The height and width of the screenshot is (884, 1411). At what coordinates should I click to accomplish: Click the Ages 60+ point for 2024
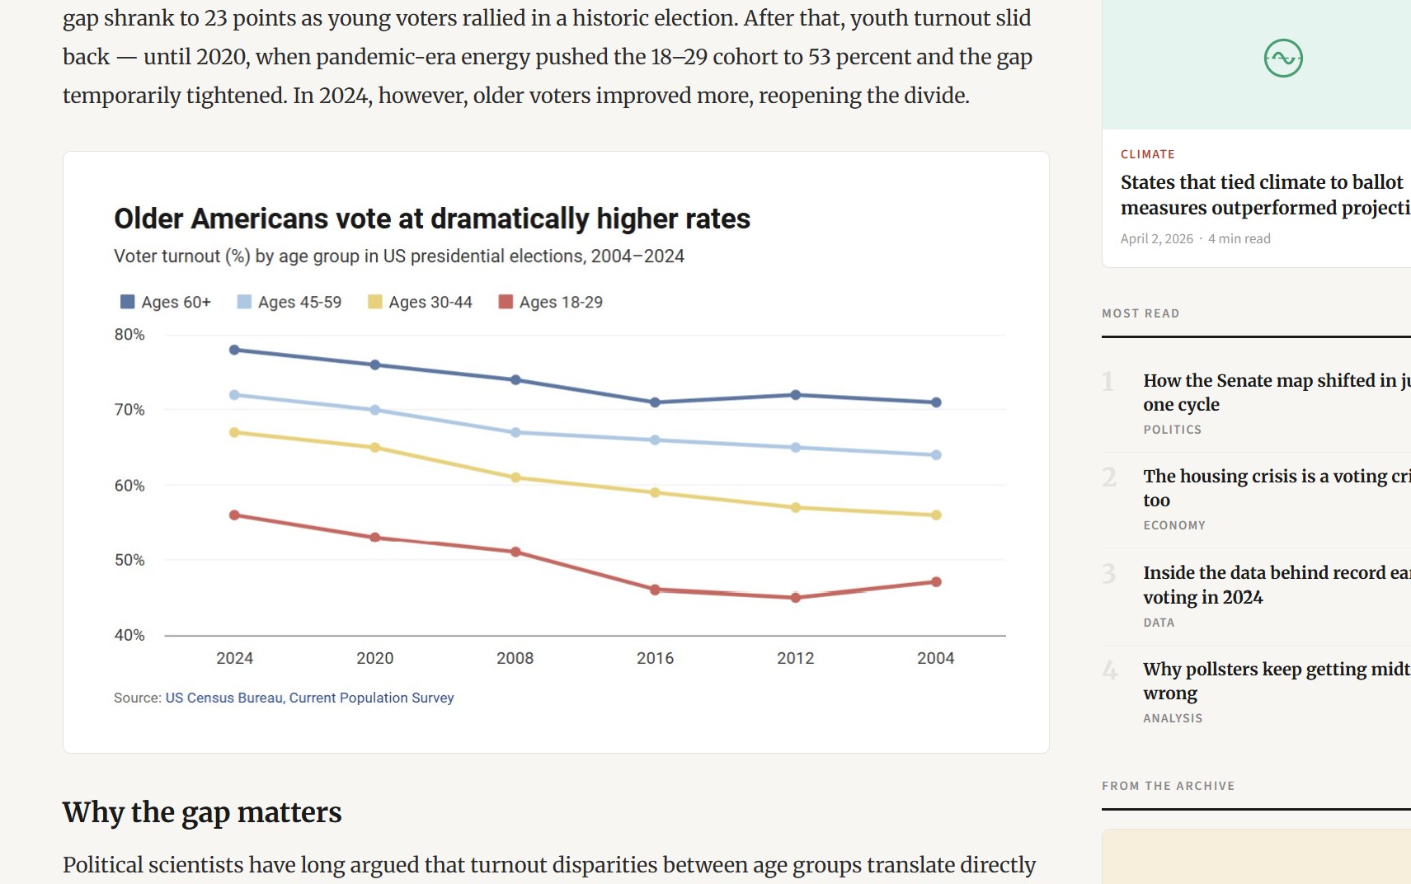point(234,350)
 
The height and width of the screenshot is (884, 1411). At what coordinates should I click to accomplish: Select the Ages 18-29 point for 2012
point(795,598)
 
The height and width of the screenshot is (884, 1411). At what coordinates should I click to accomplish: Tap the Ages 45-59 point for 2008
point(515,432)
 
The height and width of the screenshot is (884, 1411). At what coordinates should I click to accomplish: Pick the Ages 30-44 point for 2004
point(936,515)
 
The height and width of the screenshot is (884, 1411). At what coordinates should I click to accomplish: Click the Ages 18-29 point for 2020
point(375,538)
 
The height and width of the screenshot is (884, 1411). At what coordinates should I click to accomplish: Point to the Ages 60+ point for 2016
point(655,402)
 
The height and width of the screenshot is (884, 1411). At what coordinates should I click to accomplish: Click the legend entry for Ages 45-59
point(289,302)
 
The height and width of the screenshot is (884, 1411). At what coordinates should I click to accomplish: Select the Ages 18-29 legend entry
point(551,302)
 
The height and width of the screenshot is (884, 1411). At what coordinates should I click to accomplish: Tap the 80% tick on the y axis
point(129,335)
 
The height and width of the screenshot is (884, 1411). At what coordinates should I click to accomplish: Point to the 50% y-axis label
point(129,560)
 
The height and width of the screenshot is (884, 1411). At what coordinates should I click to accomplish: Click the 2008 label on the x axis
point(515,658)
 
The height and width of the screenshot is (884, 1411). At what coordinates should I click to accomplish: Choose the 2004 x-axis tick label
point(935,658)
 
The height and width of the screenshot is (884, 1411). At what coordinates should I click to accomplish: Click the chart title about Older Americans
point(431,219)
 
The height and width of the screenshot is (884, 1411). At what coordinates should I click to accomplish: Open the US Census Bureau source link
point(309,698)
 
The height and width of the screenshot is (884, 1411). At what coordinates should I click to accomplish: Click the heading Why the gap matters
point(202,812)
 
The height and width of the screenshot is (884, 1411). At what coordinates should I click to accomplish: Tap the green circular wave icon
point(1283,59)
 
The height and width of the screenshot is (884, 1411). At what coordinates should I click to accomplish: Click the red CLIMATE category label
point(1147,154)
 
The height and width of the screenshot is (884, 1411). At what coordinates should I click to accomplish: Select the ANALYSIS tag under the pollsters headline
point(1172,718)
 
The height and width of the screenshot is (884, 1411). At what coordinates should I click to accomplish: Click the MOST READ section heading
point(1141,313)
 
